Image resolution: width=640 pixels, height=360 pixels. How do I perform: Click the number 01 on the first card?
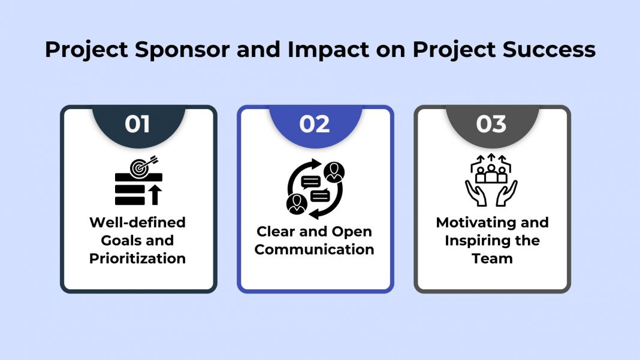point(137,124)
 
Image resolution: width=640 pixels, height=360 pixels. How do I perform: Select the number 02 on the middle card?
point(315,124)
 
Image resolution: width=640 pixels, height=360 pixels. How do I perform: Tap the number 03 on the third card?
point(491,124)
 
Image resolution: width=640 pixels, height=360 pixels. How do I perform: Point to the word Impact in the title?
point(320,50)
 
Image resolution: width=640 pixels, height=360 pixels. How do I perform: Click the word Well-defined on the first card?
point(137,222)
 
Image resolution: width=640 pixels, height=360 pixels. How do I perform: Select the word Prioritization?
point(137,258)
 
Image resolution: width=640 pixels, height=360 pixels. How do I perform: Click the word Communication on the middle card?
point(315,249)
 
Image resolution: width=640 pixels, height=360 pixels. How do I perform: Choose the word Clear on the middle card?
point(276,231)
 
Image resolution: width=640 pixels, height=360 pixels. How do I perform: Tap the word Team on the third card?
point(491,258)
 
